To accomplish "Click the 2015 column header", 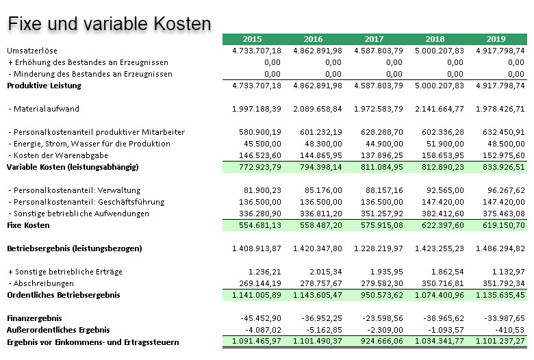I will tap(252, 39).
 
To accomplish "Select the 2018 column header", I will tap(435, 39).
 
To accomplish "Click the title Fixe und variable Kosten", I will tap(109, 24).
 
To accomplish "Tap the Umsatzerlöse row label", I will tap(32, 51).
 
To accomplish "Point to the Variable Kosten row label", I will tap(73, 167).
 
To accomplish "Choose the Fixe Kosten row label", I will tap(29, 225).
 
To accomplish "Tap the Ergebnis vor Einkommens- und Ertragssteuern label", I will tap(92, 342).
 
